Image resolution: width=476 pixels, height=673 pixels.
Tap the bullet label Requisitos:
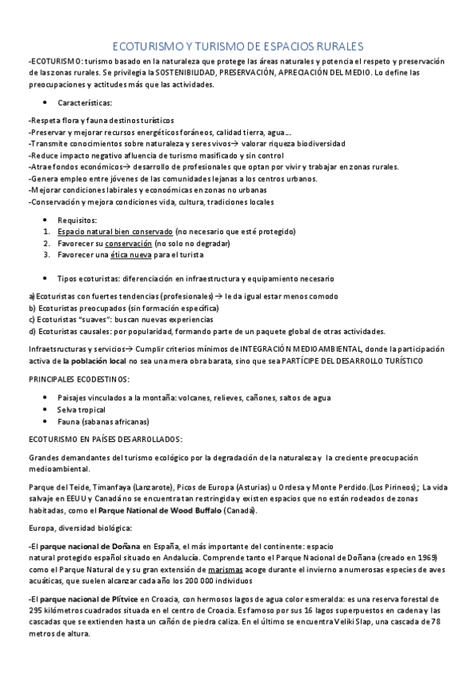pos(77,220)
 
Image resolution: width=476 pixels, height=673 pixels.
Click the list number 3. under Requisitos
pos(47,255)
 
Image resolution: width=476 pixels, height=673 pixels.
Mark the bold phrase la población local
pos(95,361)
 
